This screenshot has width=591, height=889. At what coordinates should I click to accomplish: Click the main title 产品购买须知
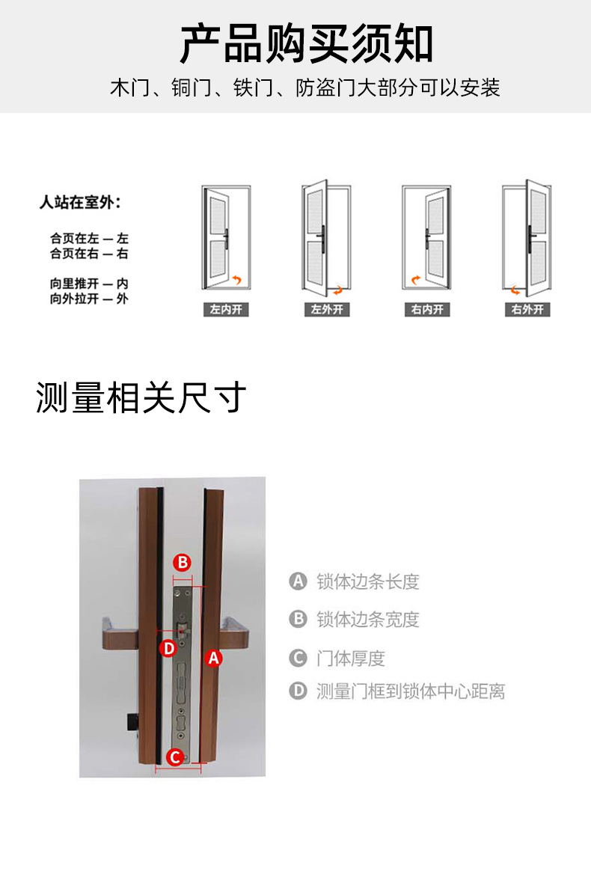coord(307,44)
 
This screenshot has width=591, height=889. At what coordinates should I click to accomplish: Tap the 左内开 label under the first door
coord(226,310)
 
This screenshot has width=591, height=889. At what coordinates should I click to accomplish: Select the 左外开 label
coord(327,310)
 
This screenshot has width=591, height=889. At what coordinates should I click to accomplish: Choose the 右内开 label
coord(427,310)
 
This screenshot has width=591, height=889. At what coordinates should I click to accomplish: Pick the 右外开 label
coord(527,310)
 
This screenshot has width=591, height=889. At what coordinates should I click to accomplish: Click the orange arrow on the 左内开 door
coord(237,280)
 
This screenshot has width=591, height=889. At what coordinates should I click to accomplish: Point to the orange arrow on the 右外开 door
coord(515,290)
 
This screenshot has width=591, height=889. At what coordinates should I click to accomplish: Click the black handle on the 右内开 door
coord(427,238)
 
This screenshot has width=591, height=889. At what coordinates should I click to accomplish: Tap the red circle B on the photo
coord(183,563)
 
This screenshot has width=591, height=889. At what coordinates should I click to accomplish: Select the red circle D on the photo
coord(168,648)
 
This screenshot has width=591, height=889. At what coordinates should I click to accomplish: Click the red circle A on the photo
coord(213,659)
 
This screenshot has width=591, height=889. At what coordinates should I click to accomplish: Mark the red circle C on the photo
coord(175,757)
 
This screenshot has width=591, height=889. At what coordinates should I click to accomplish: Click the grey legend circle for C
coord(298,659)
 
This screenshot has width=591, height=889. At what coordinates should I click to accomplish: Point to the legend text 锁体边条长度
coord(368,581)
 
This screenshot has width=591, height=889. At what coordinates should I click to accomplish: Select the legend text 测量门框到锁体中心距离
coord(410,691)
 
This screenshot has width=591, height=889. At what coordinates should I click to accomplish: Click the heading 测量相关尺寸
coord(141,397)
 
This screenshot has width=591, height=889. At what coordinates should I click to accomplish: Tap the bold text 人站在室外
coord(80,202)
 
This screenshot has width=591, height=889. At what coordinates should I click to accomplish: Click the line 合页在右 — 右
coord(89,254)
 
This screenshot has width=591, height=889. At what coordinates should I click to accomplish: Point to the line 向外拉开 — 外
coord(89,299)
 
